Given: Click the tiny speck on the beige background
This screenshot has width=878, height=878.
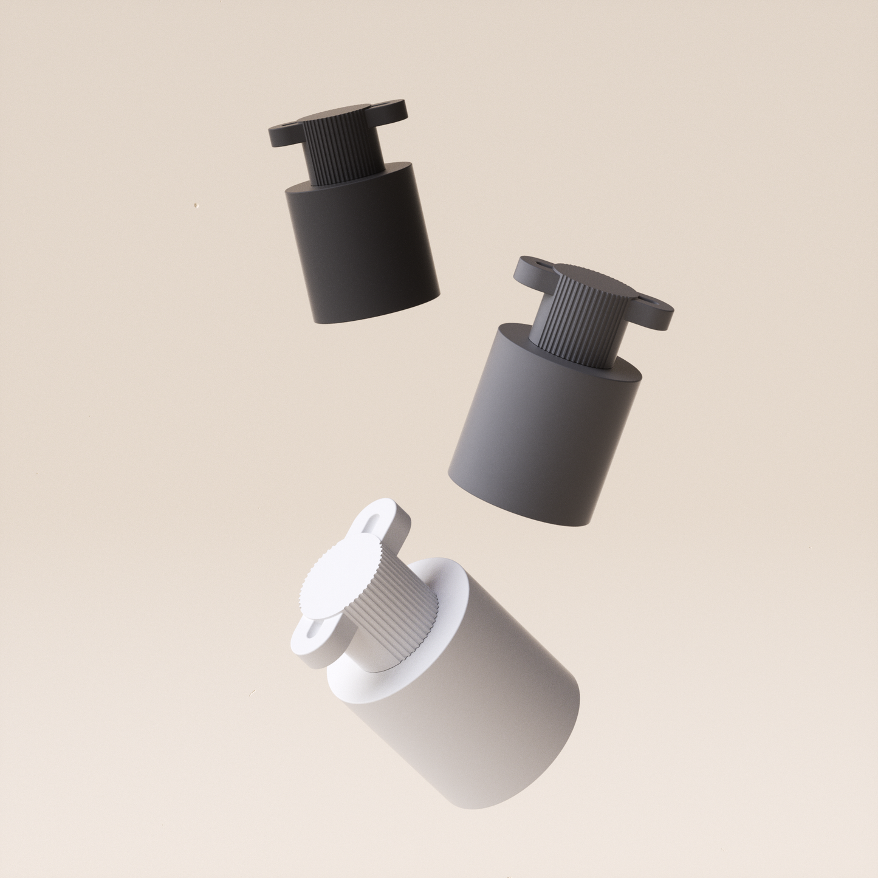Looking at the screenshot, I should point(196,207).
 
